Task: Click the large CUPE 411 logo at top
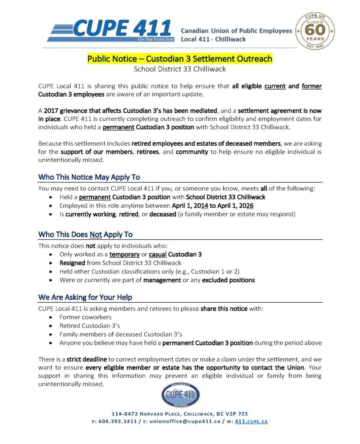[x=110, y=29]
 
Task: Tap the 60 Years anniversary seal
[x=315, y=31]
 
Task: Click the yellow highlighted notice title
[x=180, y=59]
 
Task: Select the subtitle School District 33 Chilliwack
[x=180, y=69]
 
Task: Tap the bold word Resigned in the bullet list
[x=72, y=263]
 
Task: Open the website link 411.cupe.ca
[x=251, y=421]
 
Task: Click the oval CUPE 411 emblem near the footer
[x=180, y=395]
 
